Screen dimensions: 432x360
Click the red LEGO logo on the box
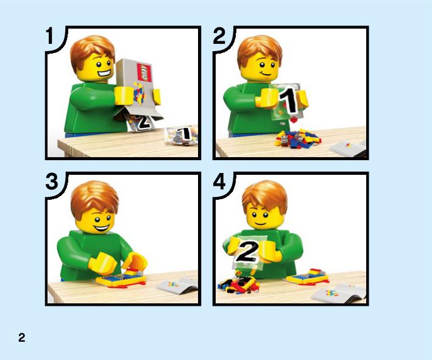click(x=144, y=72)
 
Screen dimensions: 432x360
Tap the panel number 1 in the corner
click(x=49, y=36)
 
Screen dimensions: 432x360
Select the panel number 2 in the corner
click(x=219, y=36)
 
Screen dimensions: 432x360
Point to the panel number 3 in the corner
click(x=52, y=182)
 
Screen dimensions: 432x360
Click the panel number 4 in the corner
click(x=219, y=182)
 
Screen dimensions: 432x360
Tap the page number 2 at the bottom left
click(x=22, y=337)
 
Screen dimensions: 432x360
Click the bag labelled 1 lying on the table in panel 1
click(x=182, y=135)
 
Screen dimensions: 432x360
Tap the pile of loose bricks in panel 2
click(x=298, y=139)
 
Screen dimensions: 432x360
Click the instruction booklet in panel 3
click(x=178, y=286)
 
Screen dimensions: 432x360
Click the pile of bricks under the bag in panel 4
click(x=239, y=283)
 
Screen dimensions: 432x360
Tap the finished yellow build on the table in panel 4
click(x=308, y=277)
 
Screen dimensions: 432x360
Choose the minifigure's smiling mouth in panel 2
click(x=265, y=74)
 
